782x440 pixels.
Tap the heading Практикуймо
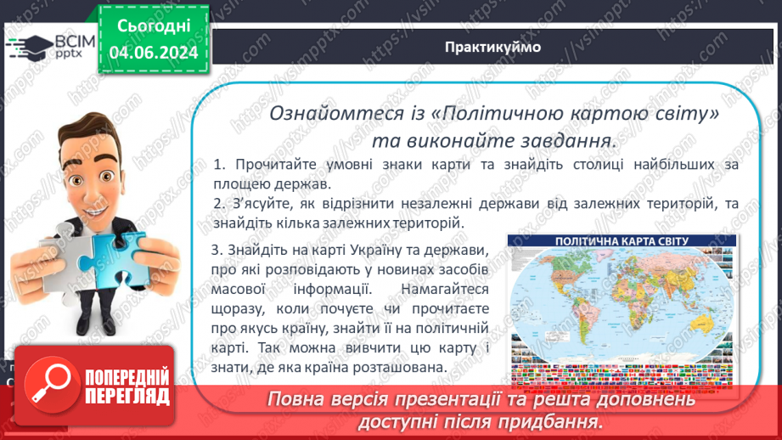point(492,47)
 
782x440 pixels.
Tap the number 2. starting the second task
point(220,203)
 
